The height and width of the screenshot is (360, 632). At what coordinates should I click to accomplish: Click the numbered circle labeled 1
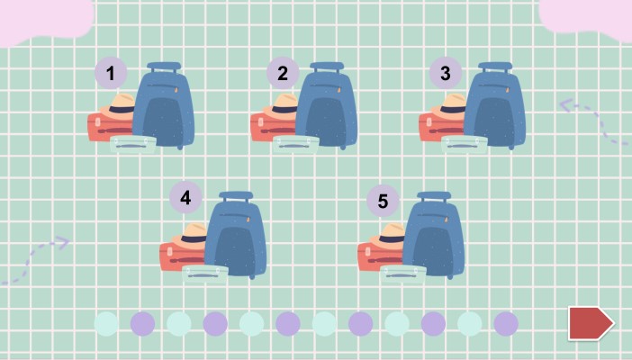click(x=111, y=73)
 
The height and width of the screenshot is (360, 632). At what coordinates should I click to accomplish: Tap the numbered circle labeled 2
click(x=283, y=73)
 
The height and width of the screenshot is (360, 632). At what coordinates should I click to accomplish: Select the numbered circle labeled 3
click(x=446, y=73)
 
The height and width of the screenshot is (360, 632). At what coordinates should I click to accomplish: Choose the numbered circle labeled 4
click(x=185, y=197)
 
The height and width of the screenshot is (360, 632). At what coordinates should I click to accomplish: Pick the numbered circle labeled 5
click(x=383, y=201)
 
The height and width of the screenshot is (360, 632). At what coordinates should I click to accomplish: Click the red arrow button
click(x=591, y=323)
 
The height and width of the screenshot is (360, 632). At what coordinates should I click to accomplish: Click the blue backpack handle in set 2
click(x=327, y=67)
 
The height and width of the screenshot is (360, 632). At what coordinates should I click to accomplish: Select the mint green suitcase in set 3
click(x=465, y=144)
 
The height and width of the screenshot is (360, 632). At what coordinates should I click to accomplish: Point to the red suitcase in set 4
click(x=181, y=256)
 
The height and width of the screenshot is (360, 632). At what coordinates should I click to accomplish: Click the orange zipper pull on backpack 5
click(x=447, y=219)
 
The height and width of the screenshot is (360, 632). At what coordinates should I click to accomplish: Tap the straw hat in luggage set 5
click(x=389, y=235)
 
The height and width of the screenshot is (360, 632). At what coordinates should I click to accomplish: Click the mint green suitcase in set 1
click(x=133, y=144)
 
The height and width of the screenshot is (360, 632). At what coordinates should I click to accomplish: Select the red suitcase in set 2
click(x=273, y=127)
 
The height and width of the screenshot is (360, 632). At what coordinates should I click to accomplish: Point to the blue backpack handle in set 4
click(x=236, y=197)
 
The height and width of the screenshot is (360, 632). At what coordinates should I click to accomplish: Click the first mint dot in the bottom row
click(x=106, y=323)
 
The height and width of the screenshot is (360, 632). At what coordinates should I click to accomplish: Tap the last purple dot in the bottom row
click(x=506, y=323)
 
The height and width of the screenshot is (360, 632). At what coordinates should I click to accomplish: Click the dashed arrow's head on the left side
click(x=62, y=242)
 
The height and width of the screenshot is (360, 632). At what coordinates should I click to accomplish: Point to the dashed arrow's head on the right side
click(x=566, y=105)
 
